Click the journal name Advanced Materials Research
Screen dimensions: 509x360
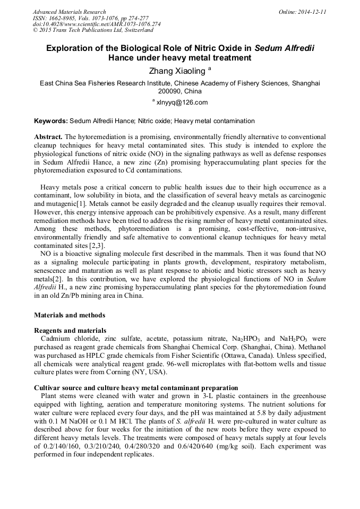[69, 12]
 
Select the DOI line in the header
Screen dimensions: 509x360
[97, 24]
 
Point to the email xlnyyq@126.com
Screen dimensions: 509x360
[182, 102]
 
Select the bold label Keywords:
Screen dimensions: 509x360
[51, 121]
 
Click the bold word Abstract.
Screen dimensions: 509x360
[48, 137]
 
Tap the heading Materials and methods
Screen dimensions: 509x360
[70, 315]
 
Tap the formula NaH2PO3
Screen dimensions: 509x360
[292, 339]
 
